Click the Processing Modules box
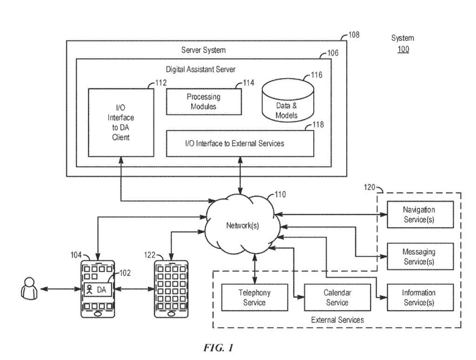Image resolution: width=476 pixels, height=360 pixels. tap(204, 102)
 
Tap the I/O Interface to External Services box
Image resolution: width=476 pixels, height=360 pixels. tap(240, 143)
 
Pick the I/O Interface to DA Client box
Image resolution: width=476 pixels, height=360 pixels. tap(121, 122)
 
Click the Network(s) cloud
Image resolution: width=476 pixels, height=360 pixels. tap(242, 226)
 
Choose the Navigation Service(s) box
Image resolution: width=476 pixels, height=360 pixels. tap(419, 214)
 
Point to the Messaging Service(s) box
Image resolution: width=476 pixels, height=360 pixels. tap(419, 256)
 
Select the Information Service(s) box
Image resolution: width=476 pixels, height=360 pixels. tap(419, 297)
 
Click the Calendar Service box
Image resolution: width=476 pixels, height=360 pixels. tap(337, 297)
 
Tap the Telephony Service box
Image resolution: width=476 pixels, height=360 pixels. tap(254, 297)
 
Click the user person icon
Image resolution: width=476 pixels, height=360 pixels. tap(28, 288)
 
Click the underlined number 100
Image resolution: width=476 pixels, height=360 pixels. tap(403, 49)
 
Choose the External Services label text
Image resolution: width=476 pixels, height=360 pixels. tap(337, 320)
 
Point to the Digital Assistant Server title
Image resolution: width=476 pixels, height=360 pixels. tap(201, 69)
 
